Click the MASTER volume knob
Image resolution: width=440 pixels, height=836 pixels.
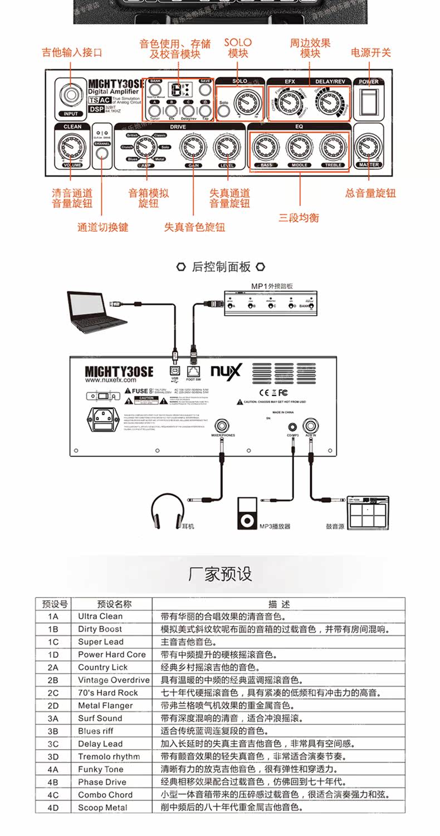(368, 146)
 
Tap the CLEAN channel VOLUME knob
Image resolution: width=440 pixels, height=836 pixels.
(71, 147)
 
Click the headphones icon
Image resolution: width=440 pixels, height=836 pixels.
(167, 511)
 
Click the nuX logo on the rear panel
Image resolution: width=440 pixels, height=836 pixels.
(226, 370)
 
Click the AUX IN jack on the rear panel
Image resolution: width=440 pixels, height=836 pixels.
(310, 423)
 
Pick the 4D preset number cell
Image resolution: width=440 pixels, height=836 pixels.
(53, 808)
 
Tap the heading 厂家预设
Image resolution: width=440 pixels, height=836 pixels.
(220, 574)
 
